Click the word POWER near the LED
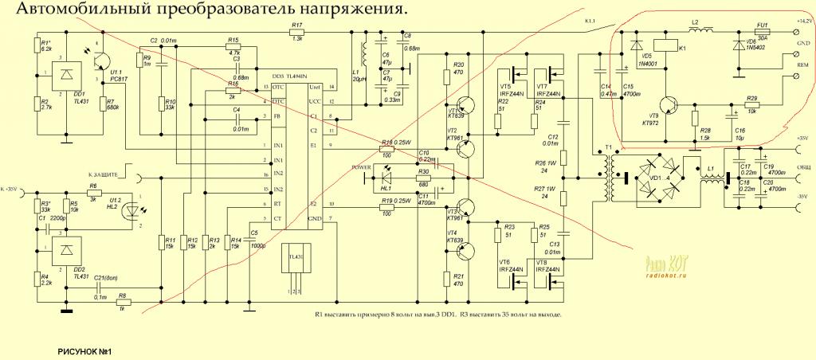pos(363,168)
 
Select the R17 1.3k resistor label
pos(296,33)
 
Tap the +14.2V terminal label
pos(802,21)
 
